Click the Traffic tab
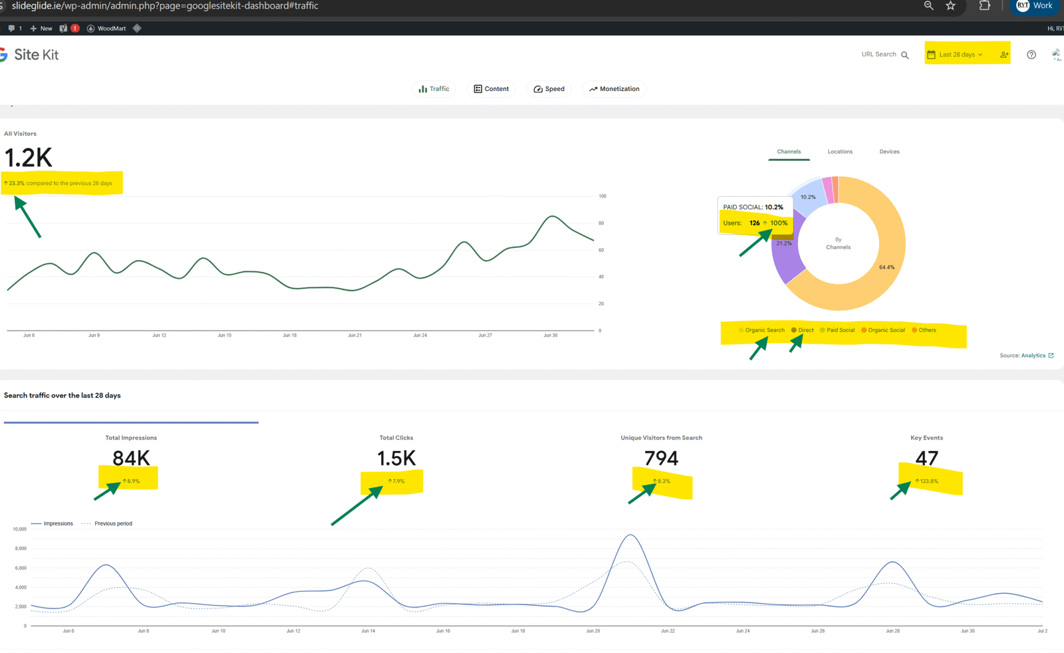click(x=434, y=89)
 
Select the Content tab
click(x=491, y=89)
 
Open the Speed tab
click(x=549, y=89)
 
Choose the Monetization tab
click(x=614, y=89)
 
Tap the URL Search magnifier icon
click(x=905, y=55)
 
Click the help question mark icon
click(x=1031, y=55)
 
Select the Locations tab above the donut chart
click(x=840, y=152)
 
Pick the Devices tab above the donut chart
click(x=889, y=152)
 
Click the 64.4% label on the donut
click(x=886, y=267)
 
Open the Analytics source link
click(x=1033, y=356)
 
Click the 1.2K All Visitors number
click(x=28, y=158)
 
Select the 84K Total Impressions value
click(x=131, y=458)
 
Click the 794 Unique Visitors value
click(x=661, y=458)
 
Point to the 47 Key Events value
click(x=926, y=458)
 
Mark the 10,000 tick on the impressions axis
click(x=19, y=529)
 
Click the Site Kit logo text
click(x=36, y=55)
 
